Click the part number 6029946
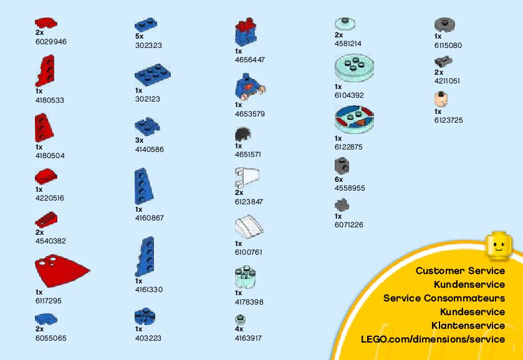pos(50,42)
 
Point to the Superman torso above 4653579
pos(247,85)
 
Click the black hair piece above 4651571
pos(243,135)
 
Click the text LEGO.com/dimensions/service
pos(433,339)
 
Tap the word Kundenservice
pos(469,285)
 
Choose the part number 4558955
pos(350,188)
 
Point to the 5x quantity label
pos(139,37)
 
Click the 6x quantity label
pos(338,179)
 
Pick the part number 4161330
pos(148,290)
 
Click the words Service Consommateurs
pos(444,298)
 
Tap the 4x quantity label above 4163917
pos(239,329)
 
